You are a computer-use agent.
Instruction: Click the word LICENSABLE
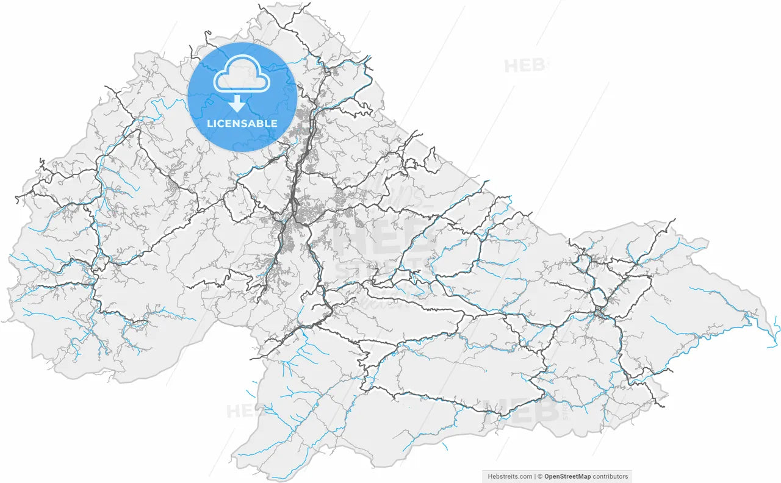(242, 123)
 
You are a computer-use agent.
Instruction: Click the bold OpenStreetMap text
(567, 476)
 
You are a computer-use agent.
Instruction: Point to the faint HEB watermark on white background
(524, 65)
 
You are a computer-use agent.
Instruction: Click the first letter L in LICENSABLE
(210, 123)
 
